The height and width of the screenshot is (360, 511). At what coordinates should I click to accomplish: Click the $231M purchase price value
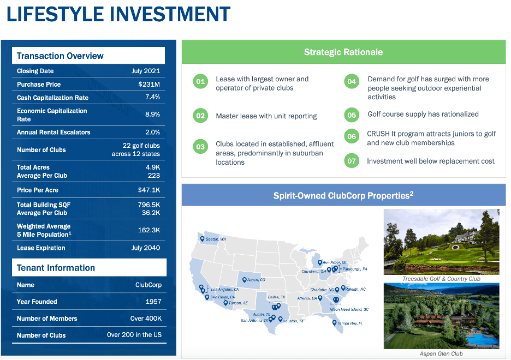point(148,85)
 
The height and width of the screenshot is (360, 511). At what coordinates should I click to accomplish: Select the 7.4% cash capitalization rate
point(152,98)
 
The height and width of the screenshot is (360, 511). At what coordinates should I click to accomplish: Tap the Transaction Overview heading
point(60,56)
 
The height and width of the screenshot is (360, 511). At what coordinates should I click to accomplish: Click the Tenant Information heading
point(56,268)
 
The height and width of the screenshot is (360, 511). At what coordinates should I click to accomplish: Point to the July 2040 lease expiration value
point(145,248)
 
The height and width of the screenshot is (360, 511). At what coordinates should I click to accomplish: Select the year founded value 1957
point(153,302)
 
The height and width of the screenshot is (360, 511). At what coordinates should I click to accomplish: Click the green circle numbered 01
point(200,82)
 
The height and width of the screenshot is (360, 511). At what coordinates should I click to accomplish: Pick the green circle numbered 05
point(352,115)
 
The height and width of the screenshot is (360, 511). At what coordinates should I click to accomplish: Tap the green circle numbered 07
point(352,161)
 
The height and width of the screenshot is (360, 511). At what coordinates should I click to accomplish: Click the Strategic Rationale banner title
point(343,52)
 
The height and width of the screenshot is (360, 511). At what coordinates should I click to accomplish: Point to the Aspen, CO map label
point(255,280)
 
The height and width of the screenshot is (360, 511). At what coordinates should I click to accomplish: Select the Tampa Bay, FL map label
point(349,323)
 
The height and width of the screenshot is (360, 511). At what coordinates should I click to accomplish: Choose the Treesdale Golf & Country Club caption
point(441,279)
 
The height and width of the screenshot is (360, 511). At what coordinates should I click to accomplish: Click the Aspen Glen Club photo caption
point(441,353)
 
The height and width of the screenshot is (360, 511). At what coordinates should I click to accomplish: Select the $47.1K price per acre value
point(148,190)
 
